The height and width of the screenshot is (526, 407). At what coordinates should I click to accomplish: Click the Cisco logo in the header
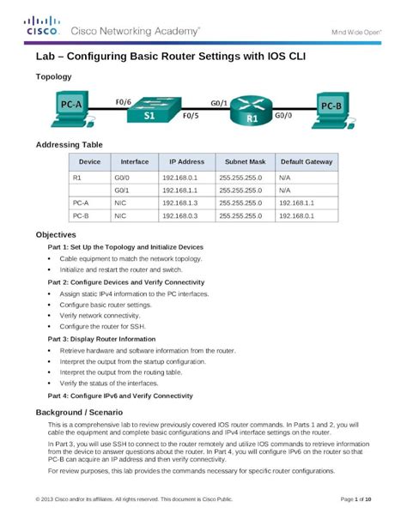coord(41,26)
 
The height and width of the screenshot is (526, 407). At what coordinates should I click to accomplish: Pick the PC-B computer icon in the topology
coord(334,108)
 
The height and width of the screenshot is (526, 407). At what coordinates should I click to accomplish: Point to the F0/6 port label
coord(124,101)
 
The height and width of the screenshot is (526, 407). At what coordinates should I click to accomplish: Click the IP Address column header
coord(186,161)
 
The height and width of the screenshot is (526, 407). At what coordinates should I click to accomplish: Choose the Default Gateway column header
coord(306,161)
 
